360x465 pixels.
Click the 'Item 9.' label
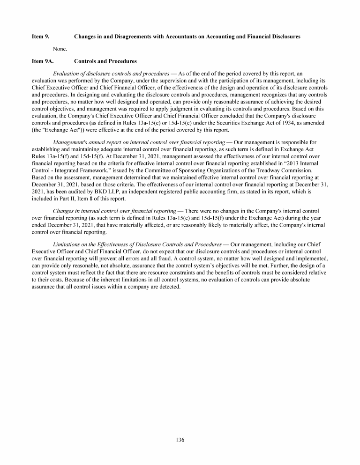click(40, 36)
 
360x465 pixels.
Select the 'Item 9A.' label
click(43, 61)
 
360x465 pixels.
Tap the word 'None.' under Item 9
click(60, 48)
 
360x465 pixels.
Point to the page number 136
click(180, 440)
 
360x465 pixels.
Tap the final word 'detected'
click(169, 287)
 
